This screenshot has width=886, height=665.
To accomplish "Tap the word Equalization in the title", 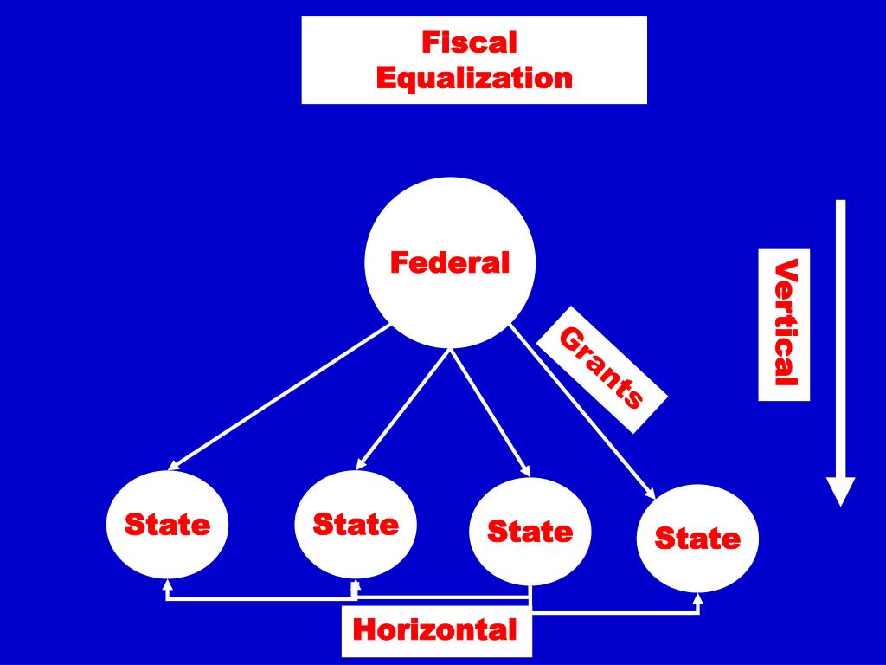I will click(x=474, y=79).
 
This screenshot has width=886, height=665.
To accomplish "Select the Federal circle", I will click(x=449, y=261).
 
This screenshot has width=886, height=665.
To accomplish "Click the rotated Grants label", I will click(x=602, y=367).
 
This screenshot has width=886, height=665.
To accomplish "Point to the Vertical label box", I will click(x=784, y=325).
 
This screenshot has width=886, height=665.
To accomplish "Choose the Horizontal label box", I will click(x=435, y=630).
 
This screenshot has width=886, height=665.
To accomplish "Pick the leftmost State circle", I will click(x=167, y=525).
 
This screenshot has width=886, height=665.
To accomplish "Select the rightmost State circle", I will click(x=697, y=539).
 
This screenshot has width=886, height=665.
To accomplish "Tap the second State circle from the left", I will click(x=356, y=524).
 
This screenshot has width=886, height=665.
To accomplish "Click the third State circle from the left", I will click(x=530, y=531).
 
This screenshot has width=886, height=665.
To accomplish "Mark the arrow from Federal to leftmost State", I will click(x=281, y=398).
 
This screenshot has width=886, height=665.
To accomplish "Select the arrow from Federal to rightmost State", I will click(x=581, y=412).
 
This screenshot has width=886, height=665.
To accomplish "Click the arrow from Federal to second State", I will click(x=404, y=410).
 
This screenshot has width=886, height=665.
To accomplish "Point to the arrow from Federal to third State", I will click(x=490, y=410).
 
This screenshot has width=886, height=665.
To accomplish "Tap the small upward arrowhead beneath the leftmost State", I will click(x=167, y=586).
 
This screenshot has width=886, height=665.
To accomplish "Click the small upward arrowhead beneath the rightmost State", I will click(x=698, y=598).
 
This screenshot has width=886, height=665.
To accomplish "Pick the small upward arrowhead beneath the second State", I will click(x=354, y=585).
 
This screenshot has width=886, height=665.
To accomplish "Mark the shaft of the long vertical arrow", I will click(x=840, y=338).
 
